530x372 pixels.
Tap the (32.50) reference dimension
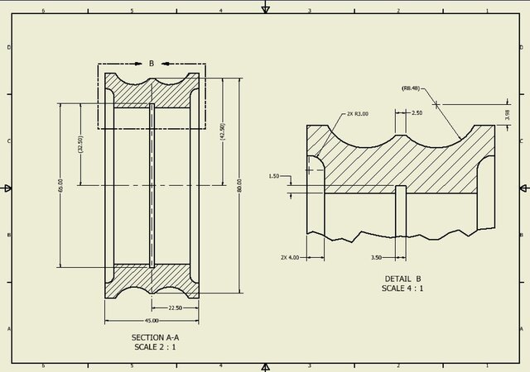[80, 145]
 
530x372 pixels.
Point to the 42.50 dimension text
[222, 131]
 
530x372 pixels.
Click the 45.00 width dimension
[152, 321]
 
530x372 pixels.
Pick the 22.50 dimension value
[175, 308]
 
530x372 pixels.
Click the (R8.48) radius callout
[411, 88]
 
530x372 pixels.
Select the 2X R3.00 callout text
[357, 114]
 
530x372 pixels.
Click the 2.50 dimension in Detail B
[417, 112]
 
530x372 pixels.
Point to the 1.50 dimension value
[275, 176]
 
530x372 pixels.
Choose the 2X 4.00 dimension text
[289, 257]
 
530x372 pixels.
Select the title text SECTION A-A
[155, 337]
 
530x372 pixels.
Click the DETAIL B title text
[403, 279]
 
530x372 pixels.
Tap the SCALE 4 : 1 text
[403, 289]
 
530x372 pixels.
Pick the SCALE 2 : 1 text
[155, 347]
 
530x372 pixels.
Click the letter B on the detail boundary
[152, 63]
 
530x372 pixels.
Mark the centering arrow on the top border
[265, 8]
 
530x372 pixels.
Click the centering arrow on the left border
[7, 188]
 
